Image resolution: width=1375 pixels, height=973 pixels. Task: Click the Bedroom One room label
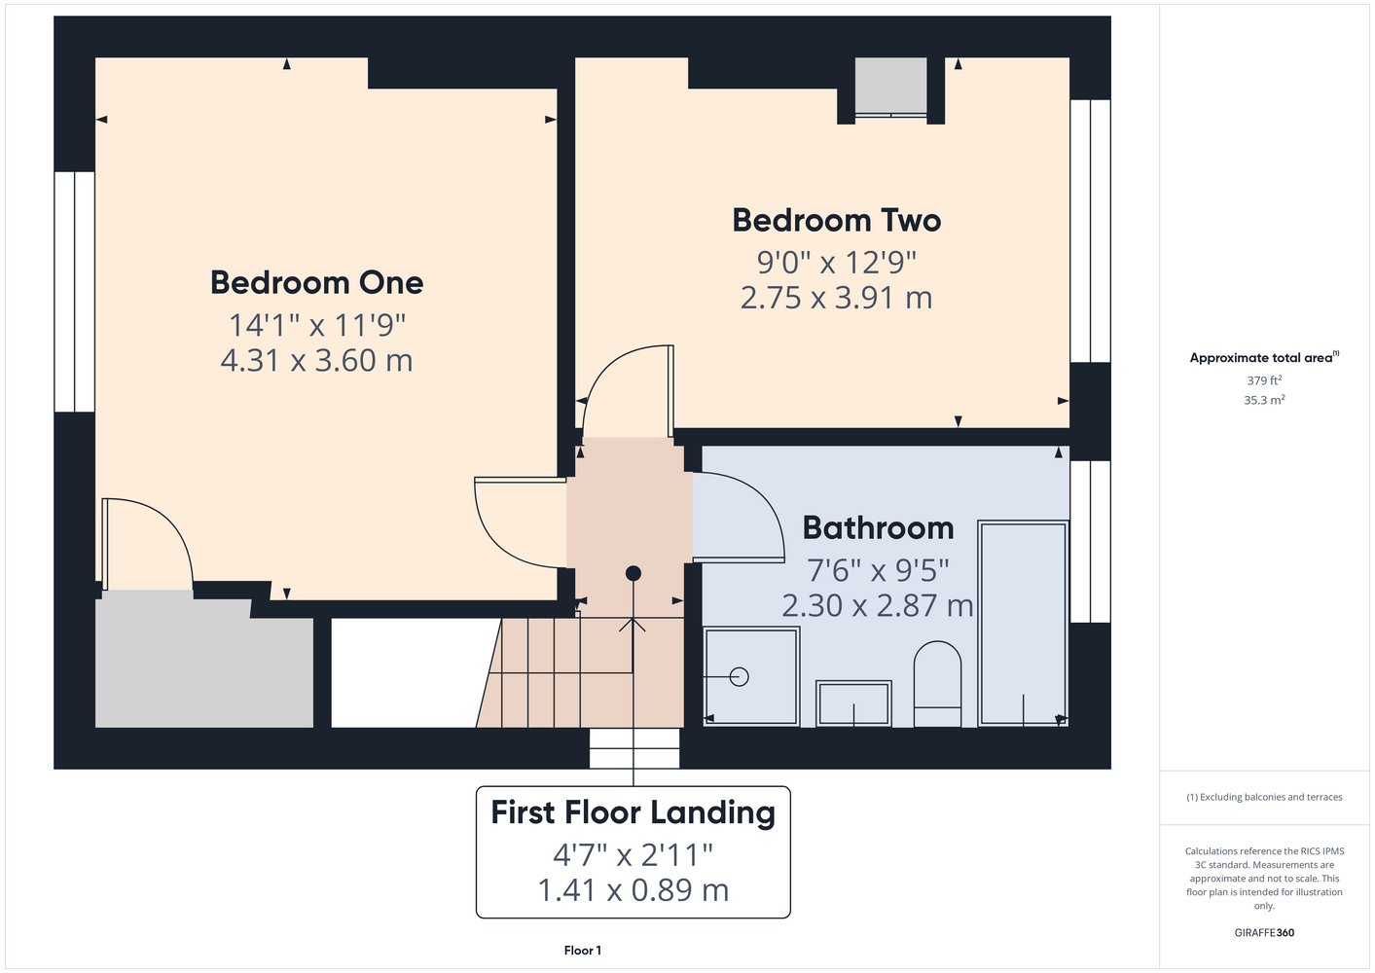[316, 282]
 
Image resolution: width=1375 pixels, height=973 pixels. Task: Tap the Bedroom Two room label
[837, 220]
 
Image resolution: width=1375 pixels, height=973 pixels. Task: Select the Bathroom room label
[879, 528]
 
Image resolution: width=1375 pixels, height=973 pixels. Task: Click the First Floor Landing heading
[633, 812]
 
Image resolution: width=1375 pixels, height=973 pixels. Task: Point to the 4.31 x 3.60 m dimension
[316, 360]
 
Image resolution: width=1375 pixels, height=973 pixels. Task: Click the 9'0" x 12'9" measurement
[837, 262]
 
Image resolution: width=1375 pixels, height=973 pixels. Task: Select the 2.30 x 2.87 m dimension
[878, 606]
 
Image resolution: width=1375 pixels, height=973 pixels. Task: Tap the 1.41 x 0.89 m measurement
[633, 890]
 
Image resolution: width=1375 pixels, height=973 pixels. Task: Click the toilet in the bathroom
[937, 684]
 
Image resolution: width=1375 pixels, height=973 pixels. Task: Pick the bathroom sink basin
[853, 703]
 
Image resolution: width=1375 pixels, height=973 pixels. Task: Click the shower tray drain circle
[739, 676]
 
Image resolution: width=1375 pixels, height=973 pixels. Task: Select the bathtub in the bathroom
[1024, 624]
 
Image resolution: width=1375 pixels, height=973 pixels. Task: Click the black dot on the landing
[633, 573]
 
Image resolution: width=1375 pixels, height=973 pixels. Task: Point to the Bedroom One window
[74, 292]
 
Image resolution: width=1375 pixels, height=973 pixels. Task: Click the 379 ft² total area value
[1264, 380]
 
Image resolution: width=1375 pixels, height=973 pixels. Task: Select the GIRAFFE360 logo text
[1264, 932]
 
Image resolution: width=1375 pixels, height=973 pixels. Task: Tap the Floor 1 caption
[583, 951]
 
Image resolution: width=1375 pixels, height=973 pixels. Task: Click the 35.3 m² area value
[1264, 400]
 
